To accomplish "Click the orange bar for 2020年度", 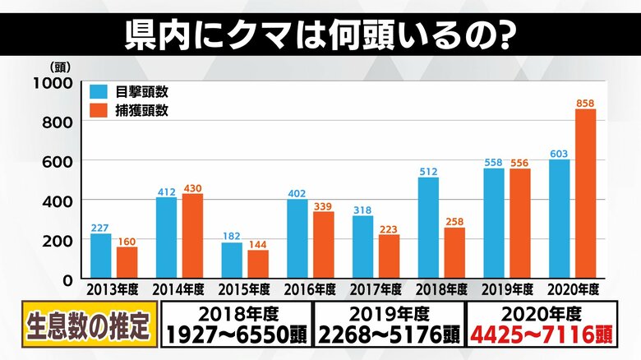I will pyautogui.click(x=585, y=194).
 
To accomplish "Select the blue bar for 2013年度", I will pyautogui.click(x=100, y=256).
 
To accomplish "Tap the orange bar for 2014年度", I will pyautogui.click(x=192, y=237).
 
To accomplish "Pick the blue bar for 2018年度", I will pyautogui.click(x=428, y=228).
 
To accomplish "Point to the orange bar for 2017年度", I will pyautogui.click(x=389, y=256).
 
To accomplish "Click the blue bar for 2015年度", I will pyautogui.click(x=232, y=261).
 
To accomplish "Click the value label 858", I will pyautogui.click(x=585, y=103).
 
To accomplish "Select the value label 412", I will pyautogui.click(x=166, y=191).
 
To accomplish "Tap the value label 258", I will pyautogui.click(x=454, y=221).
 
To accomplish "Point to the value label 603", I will pyautogui.click(x=559, y=153).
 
